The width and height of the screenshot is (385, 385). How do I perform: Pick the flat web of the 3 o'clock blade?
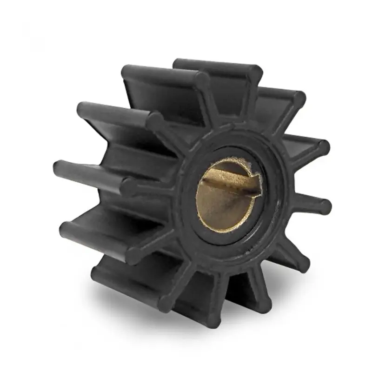(302, 205)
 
